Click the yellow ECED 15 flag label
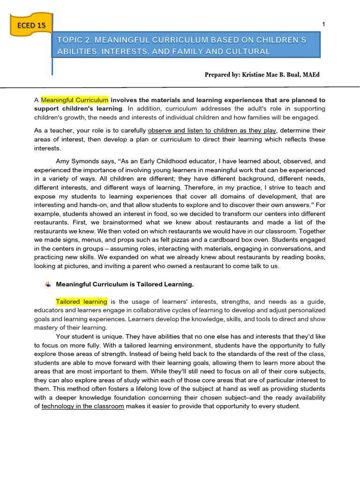click(x=31, y=25)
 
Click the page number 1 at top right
click(x=323, y=24)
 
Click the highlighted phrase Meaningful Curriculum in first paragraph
click(x=75, y=100)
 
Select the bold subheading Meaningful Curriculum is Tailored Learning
click(x=125, y=284)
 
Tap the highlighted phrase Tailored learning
click(x=82, y=301)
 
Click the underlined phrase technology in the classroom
click(x=83, y=406)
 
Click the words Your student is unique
click(x=93, y=337)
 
